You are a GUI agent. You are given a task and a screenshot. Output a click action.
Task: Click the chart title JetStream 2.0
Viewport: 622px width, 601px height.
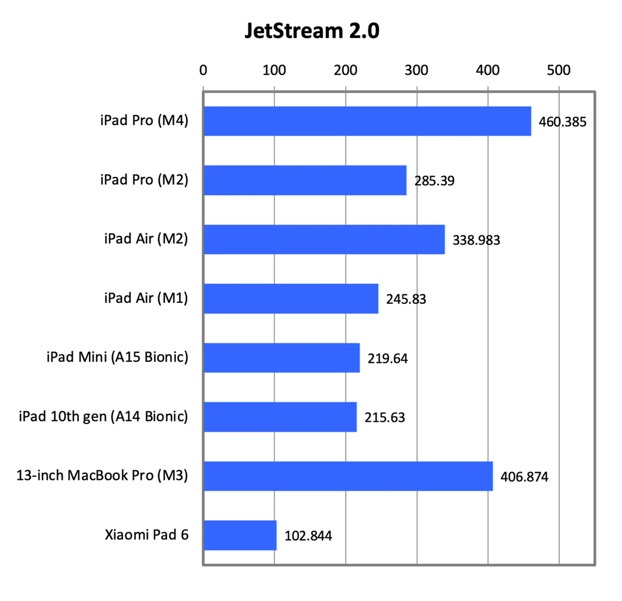click(312, 31)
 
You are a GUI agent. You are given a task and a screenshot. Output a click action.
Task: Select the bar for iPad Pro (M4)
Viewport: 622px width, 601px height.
click(367, 121)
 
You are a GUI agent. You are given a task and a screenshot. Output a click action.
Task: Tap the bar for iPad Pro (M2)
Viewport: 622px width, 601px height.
click(305, 180)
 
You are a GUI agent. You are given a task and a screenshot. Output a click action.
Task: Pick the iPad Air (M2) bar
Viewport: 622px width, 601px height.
click(324, 240)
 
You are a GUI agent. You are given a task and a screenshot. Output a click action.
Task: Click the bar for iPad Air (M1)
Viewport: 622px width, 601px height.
click(291, 299)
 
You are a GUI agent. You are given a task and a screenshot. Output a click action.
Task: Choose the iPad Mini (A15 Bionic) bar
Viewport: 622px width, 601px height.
click(282, 358)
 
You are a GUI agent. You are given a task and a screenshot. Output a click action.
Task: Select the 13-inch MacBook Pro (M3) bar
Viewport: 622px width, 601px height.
click(348, 476)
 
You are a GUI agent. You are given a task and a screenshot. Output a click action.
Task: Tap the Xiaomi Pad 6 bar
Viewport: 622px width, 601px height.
click(240, 535)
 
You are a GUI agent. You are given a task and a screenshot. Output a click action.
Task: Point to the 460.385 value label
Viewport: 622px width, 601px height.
click(562, 122)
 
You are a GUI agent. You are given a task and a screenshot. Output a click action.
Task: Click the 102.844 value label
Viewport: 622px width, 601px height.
click(308, 536)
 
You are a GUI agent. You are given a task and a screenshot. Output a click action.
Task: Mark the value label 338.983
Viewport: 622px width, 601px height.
click(476, 240)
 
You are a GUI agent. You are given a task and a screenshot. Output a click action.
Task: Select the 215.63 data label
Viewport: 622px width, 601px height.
click(385, 417)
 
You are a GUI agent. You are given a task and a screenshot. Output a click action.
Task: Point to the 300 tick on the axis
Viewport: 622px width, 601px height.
click(416, 70)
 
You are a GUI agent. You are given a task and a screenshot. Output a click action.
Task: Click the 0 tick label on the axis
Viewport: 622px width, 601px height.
click(203, 70)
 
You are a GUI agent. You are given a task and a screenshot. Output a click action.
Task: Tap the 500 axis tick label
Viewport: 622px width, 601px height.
click(559, 70)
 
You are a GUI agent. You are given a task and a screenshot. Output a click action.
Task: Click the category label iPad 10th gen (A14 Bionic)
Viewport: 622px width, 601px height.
click(103, 416)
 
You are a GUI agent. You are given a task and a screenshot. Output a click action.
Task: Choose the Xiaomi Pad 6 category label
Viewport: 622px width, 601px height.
click(146, 535)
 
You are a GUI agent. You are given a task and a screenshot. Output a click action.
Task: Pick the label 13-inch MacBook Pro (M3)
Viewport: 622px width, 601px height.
click(102, 475)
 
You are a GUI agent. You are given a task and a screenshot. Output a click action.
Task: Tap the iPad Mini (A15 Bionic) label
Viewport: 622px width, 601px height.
click(117, 357)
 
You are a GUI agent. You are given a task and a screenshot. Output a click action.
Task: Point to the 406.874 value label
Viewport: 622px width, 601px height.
click(524, 477)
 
